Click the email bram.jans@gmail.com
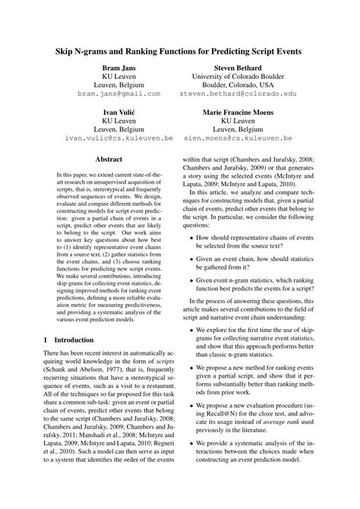(118, 93)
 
